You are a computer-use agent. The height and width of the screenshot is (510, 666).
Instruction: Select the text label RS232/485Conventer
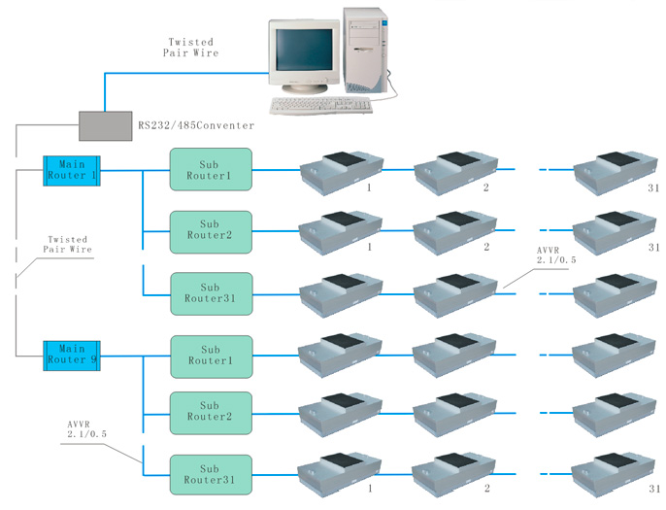(197, 125)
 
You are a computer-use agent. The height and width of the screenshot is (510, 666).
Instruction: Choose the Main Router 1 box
(72, 170)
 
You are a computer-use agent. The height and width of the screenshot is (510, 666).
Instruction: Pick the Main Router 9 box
(72, 355)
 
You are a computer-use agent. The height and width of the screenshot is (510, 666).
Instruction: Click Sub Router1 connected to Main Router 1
(211, 170)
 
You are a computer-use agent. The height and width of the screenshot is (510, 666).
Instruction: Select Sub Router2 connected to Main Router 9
(211, 412)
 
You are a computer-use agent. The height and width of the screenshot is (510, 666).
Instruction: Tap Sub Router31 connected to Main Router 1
(211, 293)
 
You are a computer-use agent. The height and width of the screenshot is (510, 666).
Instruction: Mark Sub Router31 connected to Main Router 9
(211, 474)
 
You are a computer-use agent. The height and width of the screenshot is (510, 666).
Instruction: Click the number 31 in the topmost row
(653, 187)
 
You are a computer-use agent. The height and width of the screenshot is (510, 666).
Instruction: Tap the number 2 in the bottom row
(485, 491)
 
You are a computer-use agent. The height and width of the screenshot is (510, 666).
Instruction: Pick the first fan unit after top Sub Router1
(336, 171)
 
